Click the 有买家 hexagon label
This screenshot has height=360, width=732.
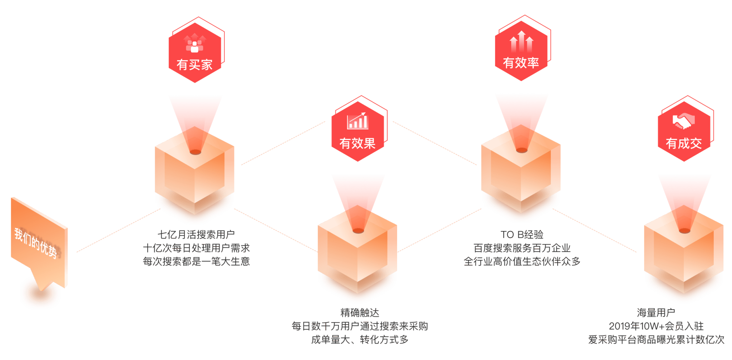tap(194, 65)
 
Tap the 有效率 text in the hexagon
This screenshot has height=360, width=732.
tap(521, 63)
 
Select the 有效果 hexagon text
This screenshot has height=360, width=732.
tap(357, 143)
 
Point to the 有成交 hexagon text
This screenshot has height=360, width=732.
tap(683, 144)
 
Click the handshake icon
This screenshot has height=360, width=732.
tap(683, 122)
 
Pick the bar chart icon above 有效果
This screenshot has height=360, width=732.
tap(357, 121)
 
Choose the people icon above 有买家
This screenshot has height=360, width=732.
tap(194, 43)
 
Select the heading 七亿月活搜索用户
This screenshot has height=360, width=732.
tap(196, 235)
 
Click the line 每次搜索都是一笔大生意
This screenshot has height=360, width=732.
tap(196, 261)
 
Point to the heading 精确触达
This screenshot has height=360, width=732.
tap(359, 313)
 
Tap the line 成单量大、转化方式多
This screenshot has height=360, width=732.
tap(359, 339)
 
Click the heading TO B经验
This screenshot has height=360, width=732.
tap(522, 235)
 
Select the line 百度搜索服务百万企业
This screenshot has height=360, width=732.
tap(522, 248)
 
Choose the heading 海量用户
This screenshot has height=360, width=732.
tap(656, 313)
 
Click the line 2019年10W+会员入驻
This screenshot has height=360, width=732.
tap(656, 326)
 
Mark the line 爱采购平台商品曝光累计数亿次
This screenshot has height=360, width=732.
tap(656, 339)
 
